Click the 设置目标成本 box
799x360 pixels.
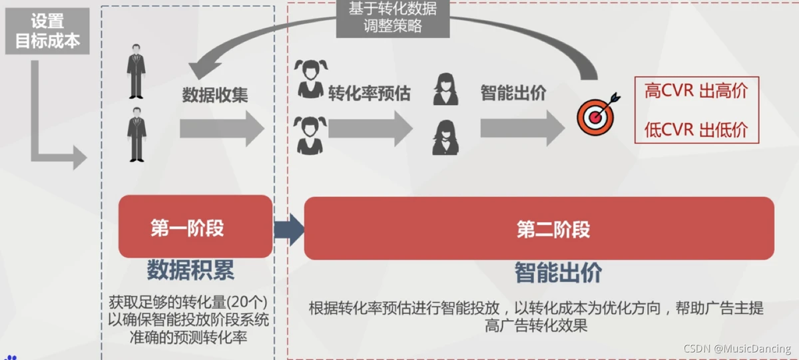tap(47, 31)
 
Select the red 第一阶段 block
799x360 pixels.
tap(195, 227)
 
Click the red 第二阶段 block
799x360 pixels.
tap(539, 228)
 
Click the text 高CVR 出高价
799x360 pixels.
tap(696, 91)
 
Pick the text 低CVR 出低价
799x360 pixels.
tap(696, 130)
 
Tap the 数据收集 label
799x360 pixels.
tap(215, 94)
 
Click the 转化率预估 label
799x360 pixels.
tap(370, 93)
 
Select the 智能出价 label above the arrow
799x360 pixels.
tap(513, 92)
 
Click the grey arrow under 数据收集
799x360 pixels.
tap(222, 128)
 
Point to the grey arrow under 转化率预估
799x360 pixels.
tap(370, 128)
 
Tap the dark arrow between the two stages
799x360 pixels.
tap(288, 229)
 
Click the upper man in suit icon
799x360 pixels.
tap(136, 71)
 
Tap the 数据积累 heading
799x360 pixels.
tap(190, 270)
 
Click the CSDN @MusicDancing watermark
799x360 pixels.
tap(737, 349)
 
